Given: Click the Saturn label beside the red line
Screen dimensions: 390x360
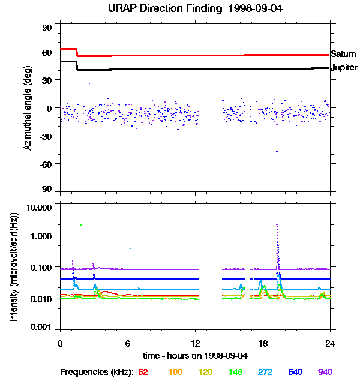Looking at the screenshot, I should click(x=343, y=54).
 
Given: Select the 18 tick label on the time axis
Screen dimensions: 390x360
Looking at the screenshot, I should click(x=262, y=343).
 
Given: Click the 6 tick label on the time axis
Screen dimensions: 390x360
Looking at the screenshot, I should click(x=127, y=343).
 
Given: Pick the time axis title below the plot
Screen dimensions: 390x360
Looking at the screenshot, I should click(x=195, y=356).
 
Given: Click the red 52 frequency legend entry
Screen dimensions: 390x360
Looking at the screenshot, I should click(x=143, y=372).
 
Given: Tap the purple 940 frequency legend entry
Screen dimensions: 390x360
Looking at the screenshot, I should click(x=325, y=372).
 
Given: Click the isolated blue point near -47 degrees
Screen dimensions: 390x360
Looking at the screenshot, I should click(x=277, y=151).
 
